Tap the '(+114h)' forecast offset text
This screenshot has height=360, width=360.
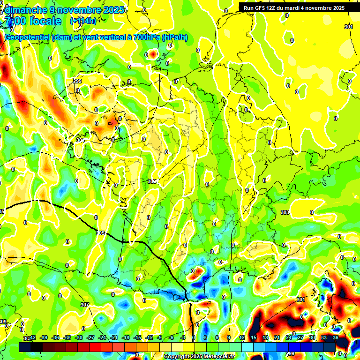tap(83, 21)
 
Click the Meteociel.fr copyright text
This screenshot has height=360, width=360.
tap(199, 356)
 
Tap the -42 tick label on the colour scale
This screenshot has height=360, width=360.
tap(32, 338)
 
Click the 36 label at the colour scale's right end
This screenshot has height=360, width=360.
tap(336, 338)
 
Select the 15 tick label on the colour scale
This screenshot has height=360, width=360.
tap(254, 338)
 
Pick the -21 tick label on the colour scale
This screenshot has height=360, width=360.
tap(114, 338)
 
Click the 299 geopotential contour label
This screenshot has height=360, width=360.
tap(77, 81)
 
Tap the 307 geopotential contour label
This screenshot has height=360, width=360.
tap(84, 305)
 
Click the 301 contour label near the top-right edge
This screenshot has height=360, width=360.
tap(348, 27)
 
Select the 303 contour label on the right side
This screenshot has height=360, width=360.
tap(285, 212)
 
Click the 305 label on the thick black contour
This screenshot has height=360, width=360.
tap(100, 232)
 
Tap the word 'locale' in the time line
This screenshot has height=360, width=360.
tap(45, 21)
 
